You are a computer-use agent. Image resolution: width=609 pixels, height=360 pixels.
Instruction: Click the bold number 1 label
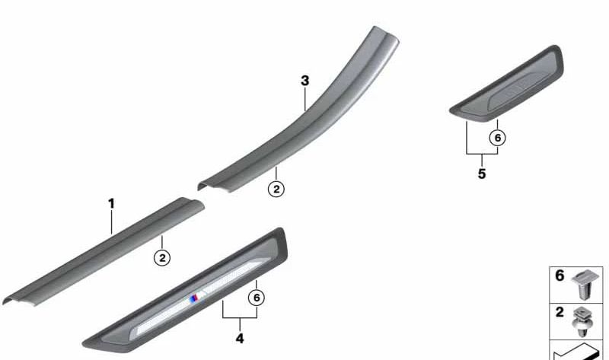[x=111, y=203]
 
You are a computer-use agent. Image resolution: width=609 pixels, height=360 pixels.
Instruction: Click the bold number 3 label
[x=305, y=81]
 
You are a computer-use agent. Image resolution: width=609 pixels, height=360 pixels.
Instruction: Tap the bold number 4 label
[x=240, y=339]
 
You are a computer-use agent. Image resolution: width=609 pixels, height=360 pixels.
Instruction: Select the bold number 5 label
[x=482, y=174]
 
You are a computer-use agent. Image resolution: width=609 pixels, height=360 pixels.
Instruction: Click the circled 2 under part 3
[x=276, y=190]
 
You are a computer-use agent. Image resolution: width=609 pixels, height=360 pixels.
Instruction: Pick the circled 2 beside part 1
[x=162, y=258]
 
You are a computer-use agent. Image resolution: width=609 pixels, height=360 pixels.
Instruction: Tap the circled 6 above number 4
[x=257, y=298]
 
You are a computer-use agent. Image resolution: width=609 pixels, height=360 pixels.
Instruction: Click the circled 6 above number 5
[x=498, y=138]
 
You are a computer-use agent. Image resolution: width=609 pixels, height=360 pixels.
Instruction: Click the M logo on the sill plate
[x=197, y=298]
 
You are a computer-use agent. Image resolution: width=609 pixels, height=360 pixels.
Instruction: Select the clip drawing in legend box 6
[x=582, y=285]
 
